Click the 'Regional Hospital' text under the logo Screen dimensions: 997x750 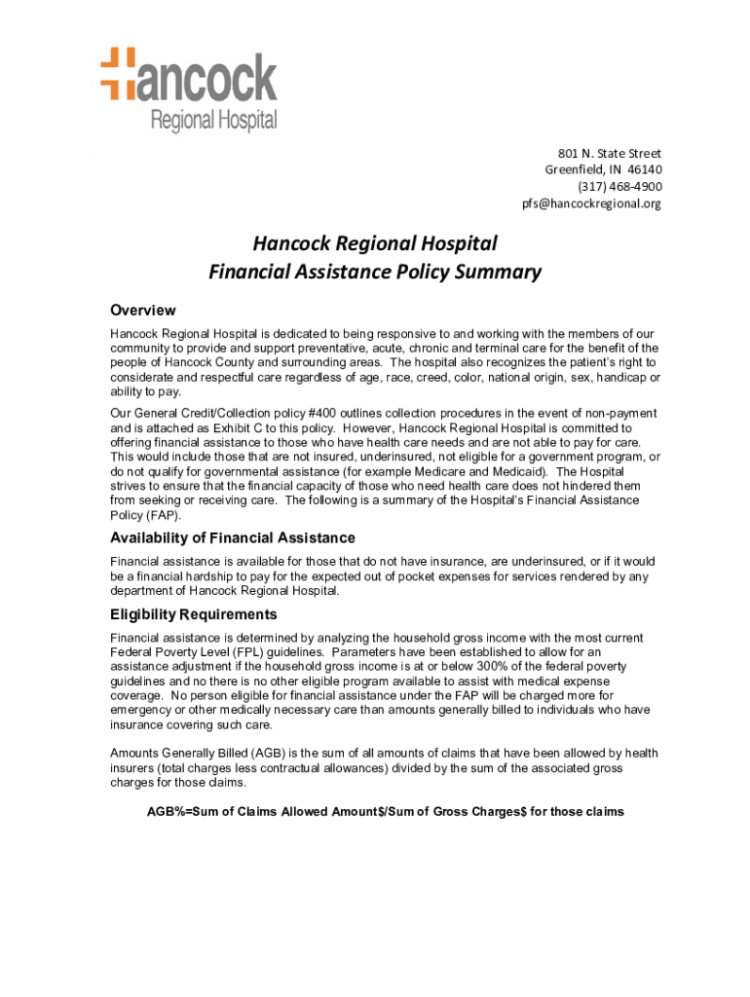(212, 121)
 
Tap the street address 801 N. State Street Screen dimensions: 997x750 (609, 154)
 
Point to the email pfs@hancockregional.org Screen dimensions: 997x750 (591, 203)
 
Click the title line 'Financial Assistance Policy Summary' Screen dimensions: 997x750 (375, 273)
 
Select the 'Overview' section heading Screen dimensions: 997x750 (143, 311)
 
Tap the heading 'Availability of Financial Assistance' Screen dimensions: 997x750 (233, 538)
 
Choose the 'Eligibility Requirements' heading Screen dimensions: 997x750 (194, 615)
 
